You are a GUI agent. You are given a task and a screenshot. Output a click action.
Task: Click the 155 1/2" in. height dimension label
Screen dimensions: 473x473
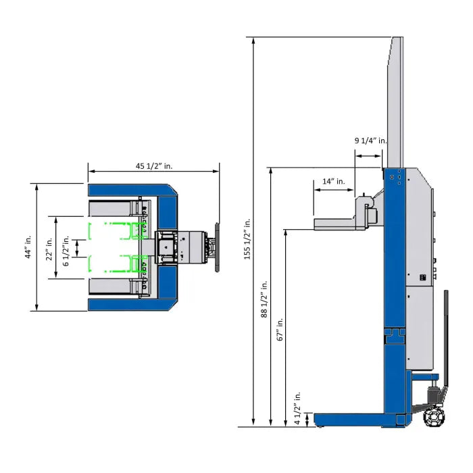247,239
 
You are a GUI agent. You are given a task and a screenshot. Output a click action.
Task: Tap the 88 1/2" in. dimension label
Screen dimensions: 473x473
264,299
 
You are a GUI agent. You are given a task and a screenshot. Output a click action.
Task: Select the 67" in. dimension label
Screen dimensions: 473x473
280,329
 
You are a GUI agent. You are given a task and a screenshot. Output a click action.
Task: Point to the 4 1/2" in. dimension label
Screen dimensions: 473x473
297,408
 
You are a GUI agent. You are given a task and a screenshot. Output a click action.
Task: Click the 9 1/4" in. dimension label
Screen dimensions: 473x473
370,141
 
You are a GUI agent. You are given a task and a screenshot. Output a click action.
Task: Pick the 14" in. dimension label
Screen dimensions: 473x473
333,181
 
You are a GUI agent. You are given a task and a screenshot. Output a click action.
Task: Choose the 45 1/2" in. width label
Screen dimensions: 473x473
154,166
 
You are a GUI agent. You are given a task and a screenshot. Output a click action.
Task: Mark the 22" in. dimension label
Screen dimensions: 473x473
49,249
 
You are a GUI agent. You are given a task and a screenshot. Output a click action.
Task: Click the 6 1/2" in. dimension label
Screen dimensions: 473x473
66,251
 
